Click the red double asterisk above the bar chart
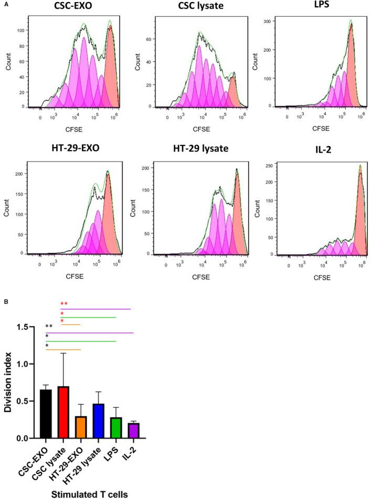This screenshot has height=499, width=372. (65, 304)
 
